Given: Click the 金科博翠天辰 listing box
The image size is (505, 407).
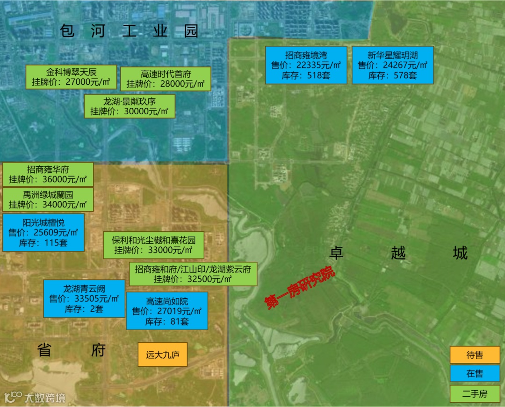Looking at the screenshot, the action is [x=71, y=77].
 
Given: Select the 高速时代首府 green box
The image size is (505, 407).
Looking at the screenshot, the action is [x=166, y=79].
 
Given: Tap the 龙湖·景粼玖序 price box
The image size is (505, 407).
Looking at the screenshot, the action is [x=130, y=106].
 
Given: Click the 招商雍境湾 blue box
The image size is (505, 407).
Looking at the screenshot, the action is [x=306, y=65].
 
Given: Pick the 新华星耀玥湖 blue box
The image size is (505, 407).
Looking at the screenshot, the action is [x=392, y=65].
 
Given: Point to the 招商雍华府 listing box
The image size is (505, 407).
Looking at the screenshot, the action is [x=48, y=174].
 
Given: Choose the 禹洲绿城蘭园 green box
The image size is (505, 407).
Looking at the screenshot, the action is [x=48, y=200].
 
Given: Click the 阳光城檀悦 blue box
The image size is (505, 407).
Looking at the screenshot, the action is [x=43, y=232].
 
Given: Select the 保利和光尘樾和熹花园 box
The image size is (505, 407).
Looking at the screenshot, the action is [x=153, y=245].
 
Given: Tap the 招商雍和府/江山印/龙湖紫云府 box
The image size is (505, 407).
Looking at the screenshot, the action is [x=193, y=274].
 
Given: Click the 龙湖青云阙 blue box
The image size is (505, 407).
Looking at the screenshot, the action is [x=84, y=298].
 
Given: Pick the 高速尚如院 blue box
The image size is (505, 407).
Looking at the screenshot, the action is [x=167, y=311].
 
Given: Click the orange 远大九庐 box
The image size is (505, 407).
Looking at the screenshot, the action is [x=162, y=355].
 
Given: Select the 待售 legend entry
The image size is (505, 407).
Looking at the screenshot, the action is [x=475, y=355].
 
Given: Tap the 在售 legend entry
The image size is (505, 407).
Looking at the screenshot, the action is [x=475, y=374].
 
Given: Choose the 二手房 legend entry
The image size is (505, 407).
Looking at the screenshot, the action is [x=475, y=394].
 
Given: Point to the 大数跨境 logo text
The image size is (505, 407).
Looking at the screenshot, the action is [x=44, y=398].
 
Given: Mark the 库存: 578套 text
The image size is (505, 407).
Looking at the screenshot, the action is [x=392, y=75].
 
